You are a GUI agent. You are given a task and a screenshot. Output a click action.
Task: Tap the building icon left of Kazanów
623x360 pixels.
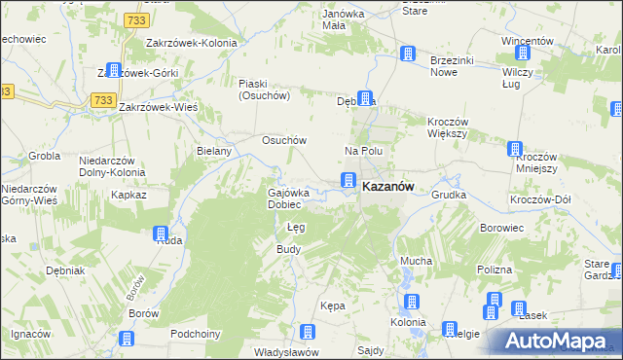pyautogui.click(x=348, y=180)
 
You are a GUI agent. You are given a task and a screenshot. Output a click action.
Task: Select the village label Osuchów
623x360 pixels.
pyautogui.click(x=284, y=140)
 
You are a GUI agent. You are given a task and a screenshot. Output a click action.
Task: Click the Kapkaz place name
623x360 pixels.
pyautogui.click(x=128, y=195)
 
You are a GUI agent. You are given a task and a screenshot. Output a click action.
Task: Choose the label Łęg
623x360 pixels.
pyautogui.click(x=297, y=228)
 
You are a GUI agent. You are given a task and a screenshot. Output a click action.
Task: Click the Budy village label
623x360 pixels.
pyautogui.click(x=289, y=249)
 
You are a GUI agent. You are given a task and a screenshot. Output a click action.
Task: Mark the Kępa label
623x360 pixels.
pyautogui.click(x=333, y=306)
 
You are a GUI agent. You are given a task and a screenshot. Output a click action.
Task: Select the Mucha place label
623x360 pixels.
pyautogui.click(x=416, y=262)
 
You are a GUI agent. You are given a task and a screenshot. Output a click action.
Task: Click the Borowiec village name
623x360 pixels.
pyautogui.click(x=503, y=228)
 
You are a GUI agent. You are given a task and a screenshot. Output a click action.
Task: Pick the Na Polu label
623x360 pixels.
pyautogui.click(x=364, y=151)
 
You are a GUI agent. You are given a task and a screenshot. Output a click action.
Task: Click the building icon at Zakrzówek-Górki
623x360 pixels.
pyautogui.click(x=113, y=70)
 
